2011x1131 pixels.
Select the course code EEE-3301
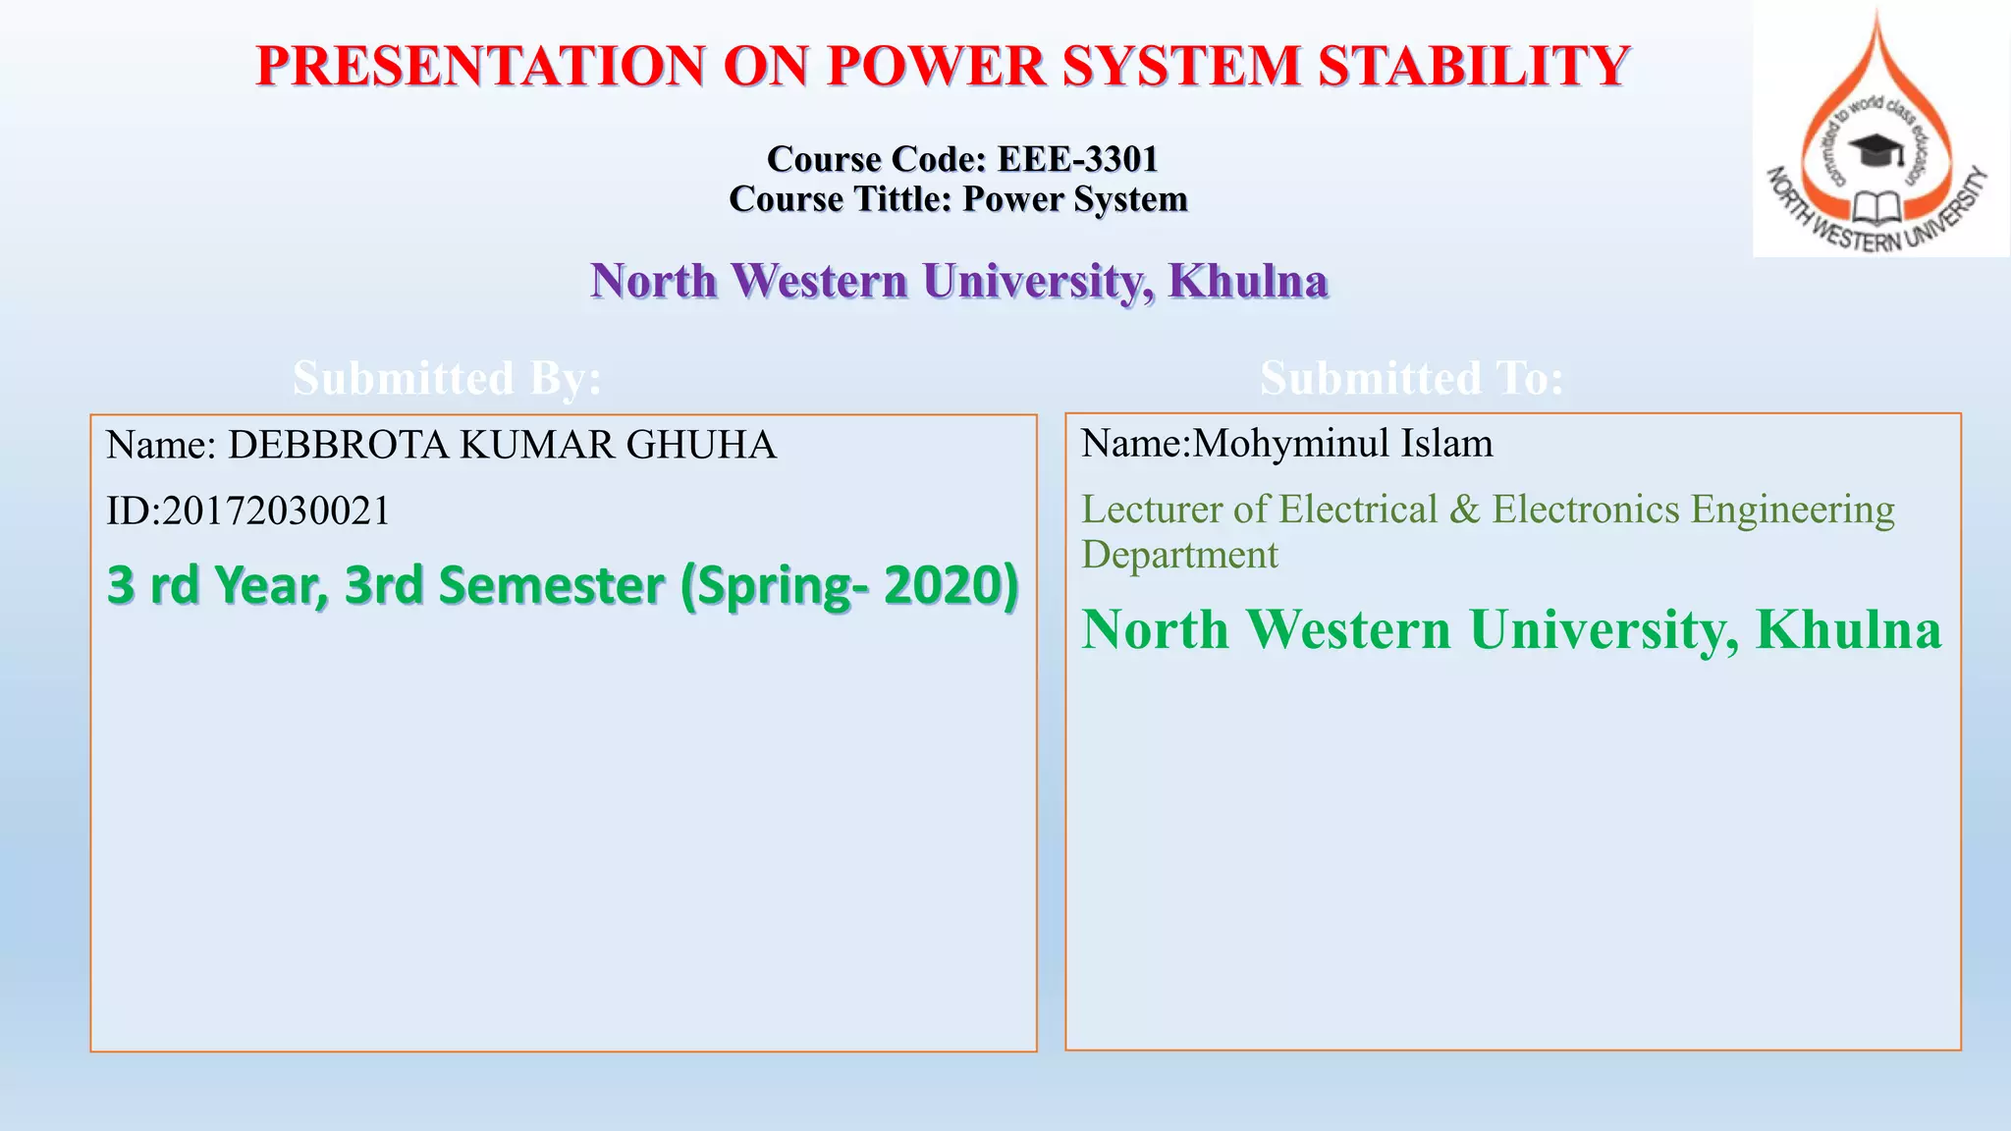coord(1077,158)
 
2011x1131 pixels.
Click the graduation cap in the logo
coord(1875,149)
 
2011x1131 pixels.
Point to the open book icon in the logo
coord(1876,207)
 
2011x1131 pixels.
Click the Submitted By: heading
coord(447,378)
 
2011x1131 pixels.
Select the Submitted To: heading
coord(1411,378)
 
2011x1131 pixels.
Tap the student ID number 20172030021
coord(276,511)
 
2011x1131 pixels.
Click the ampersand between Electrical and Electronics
coord(1464,510)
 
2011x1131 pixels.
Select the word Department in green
coord(1179,555)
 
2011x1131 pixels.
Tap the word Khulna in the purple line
coord(1248,281)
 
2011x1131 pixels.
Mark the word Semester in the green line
coord(551,585)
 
